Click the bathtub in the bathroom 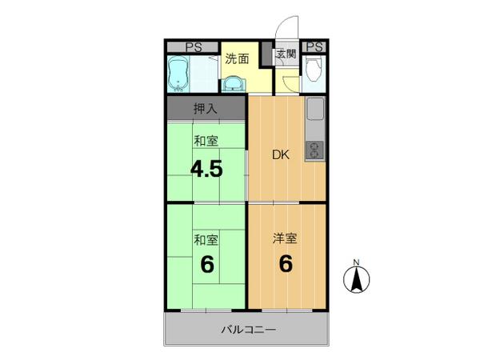click(x=178, y=74)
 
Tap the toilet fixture click(x=313, y=70)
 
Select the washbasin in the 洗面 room click(x=233, y=84)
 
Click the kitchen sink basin click(x=315, y=109)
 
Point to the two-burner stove click(x=315, y=150)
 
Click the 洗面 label click(x=237, y=58)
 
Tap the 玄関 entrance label click(x=286, y=54)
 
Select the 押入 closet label click(x=206, y=109)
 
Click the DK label click(x=281, y=155)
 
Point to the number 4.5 click(x=206, y=170)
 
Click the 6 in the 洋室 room click(x=286, y=263)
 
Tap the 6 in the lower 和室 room click(x=207, y=265)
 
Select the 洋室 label click(x=285, y=238)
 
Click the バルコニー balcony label click(x=249, y=330)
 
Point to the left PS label click(x=194, y=47)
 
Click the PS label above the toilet click(x=314, y=47)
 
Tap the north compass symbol click(x=356, y=279)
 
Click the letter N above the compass click(x=356, y=262)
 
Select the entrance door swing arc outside click(x=284, y=25)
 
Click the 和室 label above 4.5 click(x=206, y=141)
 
